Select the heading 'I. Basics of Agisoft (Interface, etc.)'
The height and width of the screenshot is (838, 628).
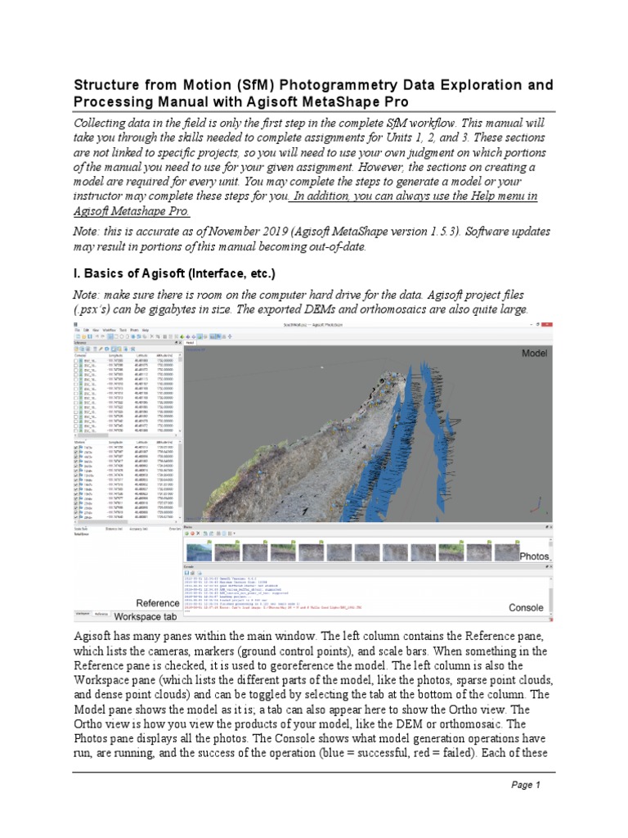175,273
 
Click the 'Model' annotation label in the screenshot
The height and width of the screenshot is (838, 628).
535,353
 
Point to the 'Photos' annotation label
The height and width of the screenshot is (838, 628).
534,556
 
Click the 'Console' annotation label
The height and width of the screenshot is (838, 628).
526,608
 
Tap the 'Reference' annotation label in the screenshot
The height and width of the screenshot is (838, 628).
158,603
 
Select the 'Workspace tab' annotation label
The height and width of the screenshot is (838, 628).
145,616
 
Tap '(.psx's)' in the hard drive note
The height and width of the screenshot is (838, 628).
96,309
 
